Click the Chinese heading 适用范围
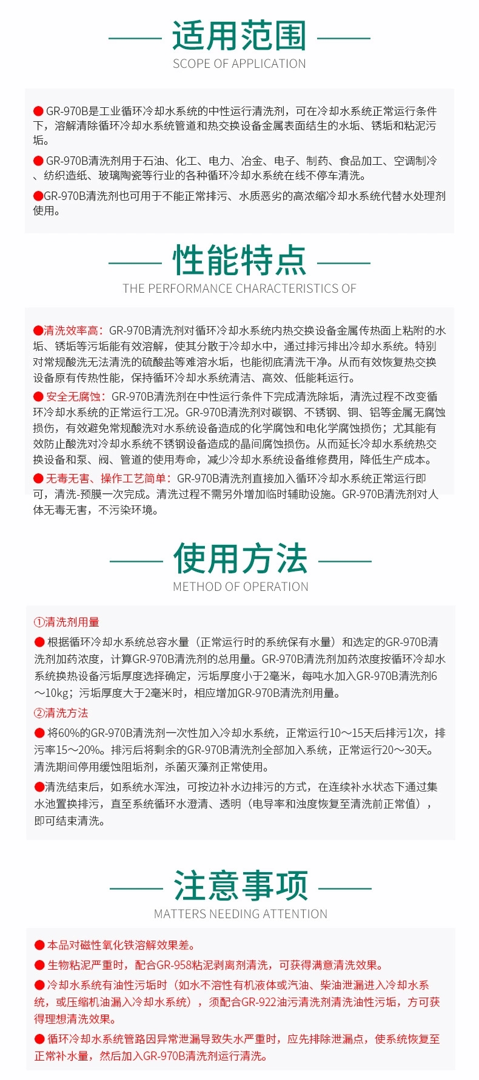coord(239,36)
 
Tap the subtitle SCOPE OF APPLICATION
coord(239,64)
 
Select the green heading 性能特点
coord(239,261)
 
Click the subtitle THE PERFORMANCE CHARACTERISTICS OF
coord(239,288)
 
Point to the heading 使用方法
coord(241,559)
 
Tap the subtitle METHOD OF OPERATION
coord(241,587)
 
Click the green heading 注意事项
coord(241,886)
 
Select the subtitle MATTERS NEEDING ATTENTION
coord(241,914)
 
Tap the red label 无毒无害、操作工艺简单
coord(109,478)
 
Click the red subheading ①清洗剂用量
coord(67,622)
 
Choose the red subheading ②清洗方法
coord(61,713)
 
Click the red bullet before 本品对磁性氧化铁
coord(39,945)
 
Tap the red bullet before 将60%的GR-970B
coord(39,733)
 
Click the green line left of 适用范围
coord(135,38)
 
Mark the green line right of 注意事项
coord(345,888)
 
